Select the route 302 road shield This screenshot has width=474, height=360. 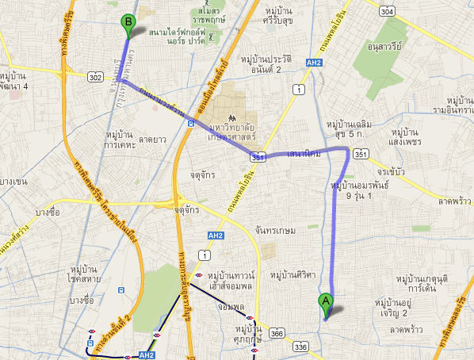(96, 77)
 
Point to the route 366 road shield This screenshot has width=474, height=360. (277, 334)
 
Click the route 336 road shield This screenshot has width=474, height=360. (300, 347)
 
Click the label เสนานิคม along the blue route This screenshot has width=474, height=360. (304, 154)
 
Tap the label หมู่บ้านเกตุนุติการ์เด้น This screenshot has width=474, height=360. (422, 283)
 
